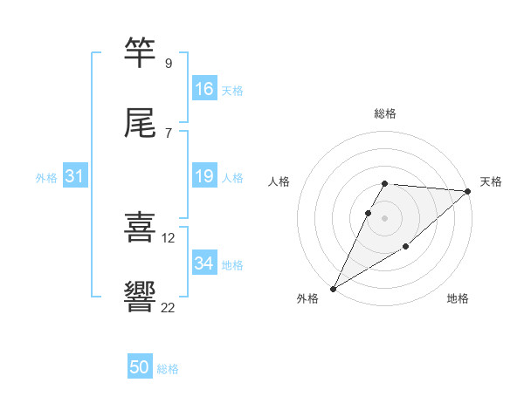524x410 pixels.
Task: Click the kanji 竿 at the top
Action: [141, 54]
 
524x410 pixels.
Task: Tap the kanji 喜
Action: [141, 229]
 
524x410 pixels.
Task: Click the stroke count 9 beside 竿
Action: [168, 64]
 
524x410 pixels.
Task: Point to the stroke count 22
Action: [168, 307]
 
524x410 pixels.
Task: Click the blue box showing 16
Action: [204, 89]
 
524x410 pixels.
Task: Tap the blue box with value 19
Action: [204, 176]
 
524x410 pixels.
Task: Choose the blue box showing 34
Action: [204, 263]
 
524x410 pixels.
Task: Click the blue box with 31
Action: [75, 176]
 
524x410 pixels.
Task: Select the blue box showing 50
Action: [140, 367]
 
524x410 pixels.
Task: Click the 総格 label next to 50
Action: [169, 369]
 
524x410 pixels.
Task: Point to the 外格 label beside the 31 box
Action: [46, 178]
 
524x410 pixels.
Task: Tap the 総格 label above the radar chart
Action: [385, 113]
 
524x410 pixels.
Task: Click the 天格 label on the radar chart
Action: [491, 181]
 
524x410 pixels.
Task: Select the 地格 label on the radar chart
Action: [458, 298]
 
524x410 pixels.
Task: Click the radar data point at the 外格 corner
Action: [333, 288]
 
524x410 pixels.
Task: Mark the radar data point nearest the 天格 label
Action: [468, 191]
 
